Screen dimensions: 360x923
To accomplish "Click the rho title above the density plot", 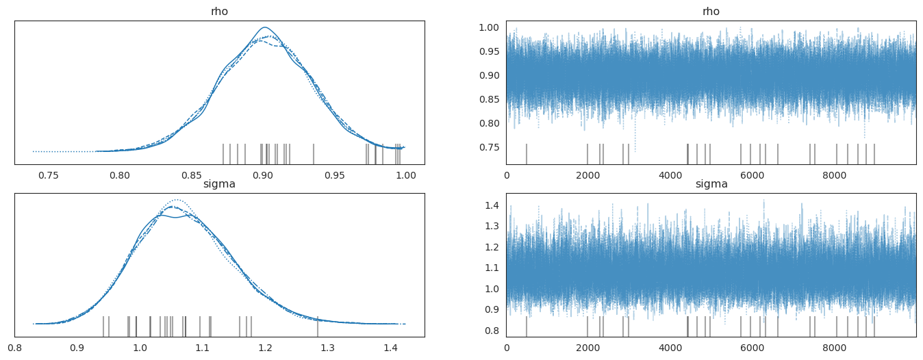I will (x=219, y=12).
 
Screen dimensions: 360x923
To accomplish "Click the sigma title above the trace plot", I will (x=711, y=184).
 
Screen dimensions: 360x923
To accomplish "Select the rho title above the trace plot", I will (x=711, y=12).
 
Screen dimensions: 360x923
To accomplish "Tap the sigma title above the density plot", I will (x=219, y=184).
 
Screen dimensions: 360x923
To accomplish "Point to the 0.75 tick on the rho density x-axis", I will (x=48, y=175).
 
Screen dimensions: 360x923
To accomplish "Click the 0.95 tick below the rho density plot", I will (x=334, y=175).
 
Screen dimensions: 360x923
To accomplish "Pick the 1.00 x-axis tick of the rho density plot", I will (x=405, y=175).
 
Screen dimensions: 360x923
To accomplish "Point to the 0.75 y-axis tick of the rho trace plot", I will (x=491, y=147).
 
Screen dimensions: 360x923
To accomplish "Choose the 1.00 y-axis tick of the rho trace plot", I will (x=491, y=28).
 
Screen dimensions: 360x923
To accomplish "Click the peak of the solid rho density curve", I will (x=264, y=28).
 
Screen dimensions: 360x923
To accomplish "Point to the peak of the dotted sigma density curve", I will (x=177, y=200).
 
